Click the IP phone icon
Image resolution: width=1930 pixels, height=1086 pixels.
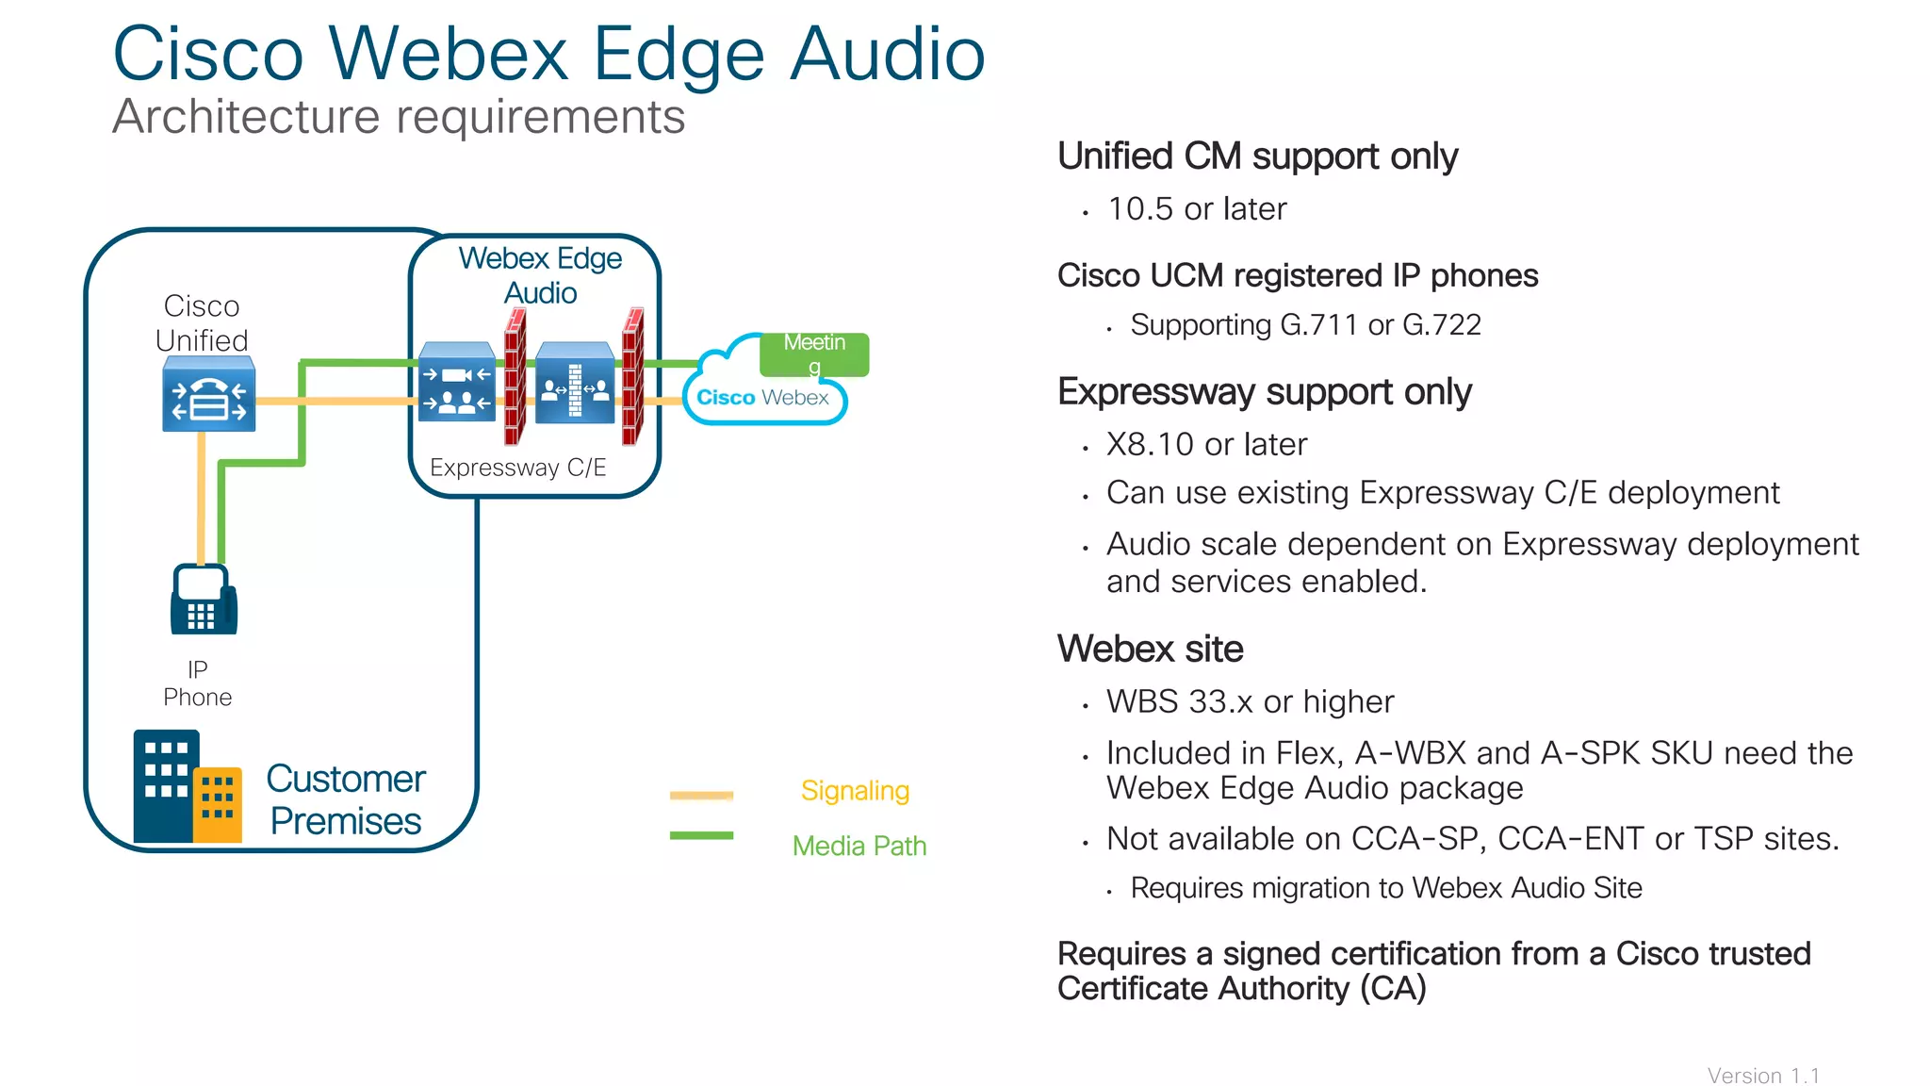(x=204, y=600)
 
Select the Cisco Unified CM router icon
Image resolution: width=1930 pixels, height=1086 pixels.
(x=208, y=395)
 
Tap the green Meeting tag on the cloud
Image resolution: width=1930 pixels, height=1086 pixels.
(x=815, y=354)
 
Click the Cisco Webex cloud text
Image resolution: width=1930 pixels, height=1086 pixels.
(x=762, y=398)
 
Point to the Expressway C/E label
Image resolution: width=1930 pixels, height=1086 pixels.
(x=517, y=468)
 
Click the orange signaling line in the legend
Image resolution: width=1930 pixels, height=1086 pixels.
(x=701, y=796)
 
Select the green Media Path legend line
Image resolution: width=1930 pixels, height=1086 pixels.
(x=701, y=835)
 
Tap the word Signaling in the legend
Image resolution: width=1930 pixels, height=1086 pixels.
(x=855, y=791)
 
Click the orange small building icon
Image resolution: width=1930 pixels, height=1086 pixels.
(x=218, y=803)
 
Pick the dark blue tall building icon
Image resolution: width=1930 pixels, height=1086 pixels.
(x=166, y=784)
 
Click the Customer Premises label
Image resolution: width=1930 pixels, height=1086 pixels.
(x=346, y=799)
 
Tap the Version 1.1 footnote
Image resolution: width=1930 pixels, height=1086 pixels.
(x=1763, y=1076)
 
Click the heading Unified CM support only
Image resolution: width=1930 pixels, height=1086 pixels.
(x=1257, y=156)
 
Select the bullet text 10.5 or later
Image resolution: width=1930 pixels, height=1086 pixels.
(x=1197, y=209)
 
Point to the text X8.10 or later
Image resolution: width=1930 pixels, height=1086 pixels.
(x=1206, y=444)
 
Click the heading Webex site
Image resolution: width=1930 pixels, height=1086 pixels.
(x=1150, y=649)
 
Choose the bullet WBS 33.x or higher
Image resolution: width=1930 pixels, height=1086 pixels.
(x=1250, y=701)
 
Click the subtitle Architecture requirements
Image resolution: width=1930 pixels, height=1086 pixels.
(x=399, y=117)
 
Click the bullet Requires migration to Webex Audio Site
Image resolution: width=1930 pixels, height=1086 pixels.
(x=1385, y=888)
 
